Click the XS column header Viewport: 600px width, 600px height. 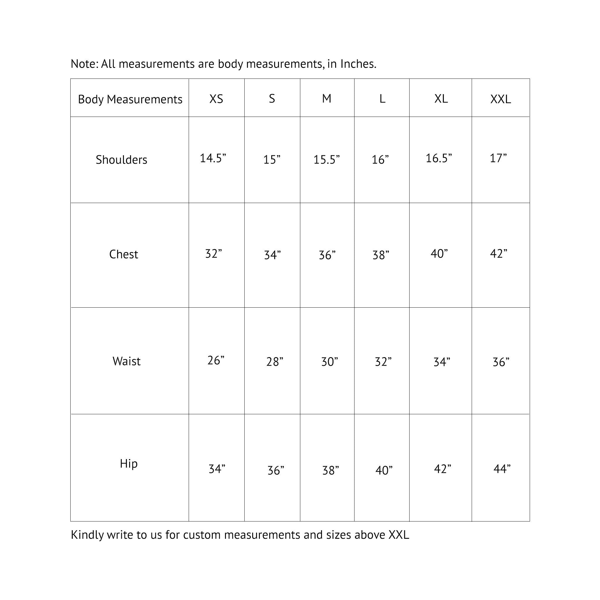pyautogui.click(x=216, y=99)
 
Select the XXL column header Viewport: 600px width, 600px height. pyautogui.click(x=500, y=99)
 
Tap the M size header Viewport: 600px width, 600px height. pyautogui.click(x=326, y=98)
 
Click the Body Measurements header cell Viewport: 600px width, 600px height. pyautogui.click(x=130, y=99)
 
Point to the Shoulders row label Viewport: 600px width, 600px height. pyautogui.click(x=121, y=160)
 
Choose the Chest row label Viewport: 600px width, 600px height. pyautogui.click(x=124, y=254)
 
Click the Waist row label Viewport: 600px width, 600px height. pyautogui.click(x=126, y=361)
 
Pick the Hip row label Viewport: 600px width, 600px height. pyautogui.click(x=129, y=463)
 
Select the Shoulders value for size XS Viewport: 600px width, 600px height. pyautogui.click(x=213, y=158)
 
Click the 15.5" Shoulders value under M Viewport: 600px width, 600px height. pyautogui.click(x=326, y=160)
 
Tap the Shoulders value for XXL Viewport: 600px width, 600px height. pyautogui.click(x=498, y=158)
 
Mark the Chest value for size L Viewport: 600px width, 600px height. pyautogui.click(x=381, y=255)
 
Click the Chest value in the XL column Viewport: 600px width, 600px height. pyautogui.click(x=439, y=253)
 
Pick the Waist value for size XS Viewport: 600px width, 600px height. pyautogui.click(x=216, y=360)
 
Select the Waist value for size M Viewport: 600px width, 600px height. pyautogui.click(x=330, y=362)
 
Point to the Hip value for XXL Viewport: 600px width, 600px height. pyautogui.click(x=502, y=469)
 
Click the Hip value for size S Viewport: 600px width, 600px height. pyautogui.click(x=276, y=470)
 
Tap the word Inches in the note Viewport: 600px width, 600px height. pyautogui.click(x=358, y=64)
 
